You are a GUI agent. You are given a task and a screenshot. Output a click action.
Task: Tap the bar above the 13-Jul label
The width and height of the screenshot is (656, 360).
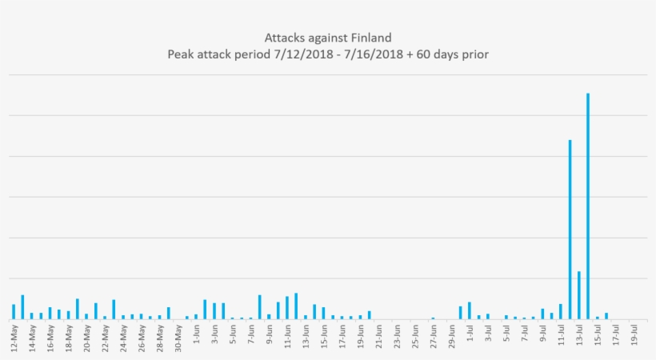coord(579,295)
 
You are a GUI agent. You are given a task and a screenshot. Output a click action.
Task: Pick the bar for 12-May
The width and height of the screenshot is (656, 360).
coord(14,311)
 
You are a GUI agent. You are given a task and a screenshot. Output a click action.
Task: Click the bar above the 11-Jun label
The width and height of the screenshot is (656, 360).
coord(287,307)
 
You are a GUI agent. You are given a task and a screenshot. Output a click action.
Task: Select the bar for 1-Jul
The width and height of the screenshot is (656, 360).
coord(470,310)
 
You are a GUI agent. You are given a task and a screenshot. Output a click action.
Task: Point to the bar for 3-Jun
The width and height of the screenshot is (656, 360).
coord(214,310)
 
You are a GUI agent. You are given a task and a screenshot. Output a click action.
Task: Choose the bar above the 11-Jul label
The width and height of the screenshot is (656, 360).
coord(561,311)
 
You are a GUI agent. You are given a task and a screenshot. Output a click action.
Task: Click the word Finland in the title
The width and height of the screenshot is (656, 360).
coord(371,38)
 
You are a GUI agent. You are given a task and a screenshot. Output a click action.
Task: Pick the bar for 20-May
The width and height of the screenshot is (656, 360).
coord(86,316)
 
